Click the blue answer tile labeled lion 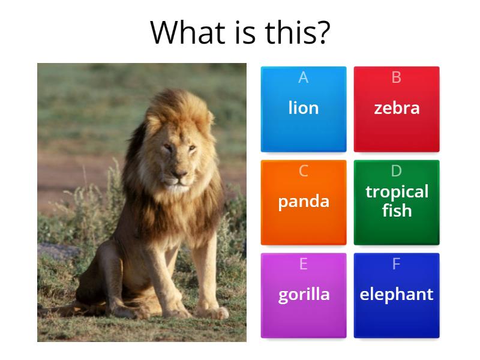[x=304, y=109]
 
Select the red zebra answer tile [x=397, y=109]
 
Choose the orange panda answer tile [x=304, y=202]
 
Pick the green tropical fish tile [x=397, y=202]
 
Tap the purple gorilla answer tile [x=304, y=295]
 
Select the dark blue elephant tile [x=397, y=295]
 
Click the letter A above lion [x=304, y=77]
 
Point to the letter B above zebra [x=397, y=77]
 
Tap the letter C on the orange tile [x=304, y=171]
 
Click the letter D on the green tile [x=397, y=171]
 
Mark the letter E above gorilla [x=304, y=264]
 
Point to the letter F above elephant [x=397, y=264]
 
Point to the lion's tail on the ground [x=66, y=311]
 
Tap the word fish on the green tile [x=397, y=211]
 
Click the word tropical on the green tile [x=397, y=192]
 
